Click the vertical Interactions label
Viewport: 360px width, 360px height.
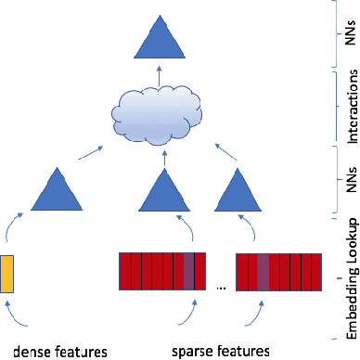(350, 103)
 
